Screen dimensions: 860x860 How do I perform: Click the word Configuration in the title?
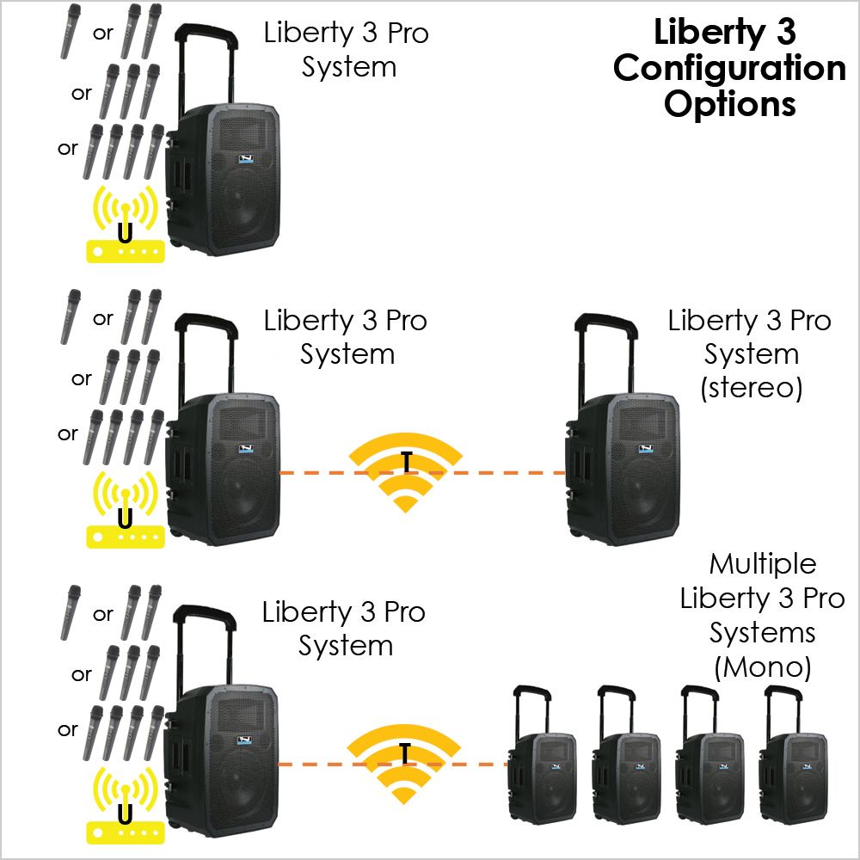[x=729, y=69]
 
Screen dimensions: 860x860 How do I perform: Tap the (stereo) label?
[x=751, y=388]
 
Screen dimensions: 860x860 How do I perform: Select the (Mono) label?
[x=762, y=666]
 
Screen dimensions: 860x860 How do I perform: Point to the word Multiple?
[x=762, y=564]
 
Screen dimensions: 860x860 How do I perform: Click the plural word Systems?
[x=762, y=633]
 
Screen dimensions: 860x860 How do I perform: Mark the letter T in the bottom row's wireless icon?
[x=404, y=753]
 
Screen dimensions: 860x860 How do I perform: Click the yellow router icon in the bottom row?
[x=126, y=804]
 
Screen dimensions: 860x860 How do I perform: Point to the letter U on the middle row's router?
[x=126, y=518]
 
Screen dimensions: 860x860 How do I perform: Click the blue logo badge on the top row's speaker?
[x=247, y=160]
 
